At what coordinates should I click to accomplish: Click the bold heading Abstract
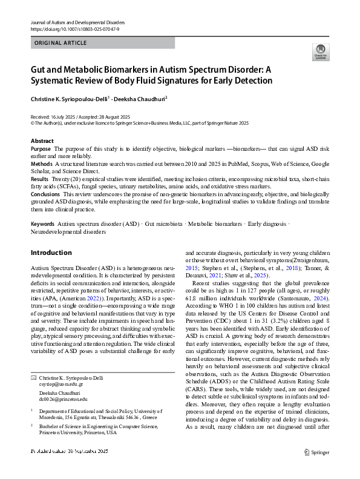click(42, 141)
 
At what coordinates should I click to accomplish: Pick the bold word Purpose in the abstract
click(41, 148)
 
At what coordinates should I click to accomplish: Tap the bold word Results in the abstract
click(40, 180)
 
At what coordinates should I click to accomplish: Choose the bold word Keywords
click(43, 224)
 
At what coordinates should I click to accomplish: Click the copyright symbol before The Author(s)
click(33, 122)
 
